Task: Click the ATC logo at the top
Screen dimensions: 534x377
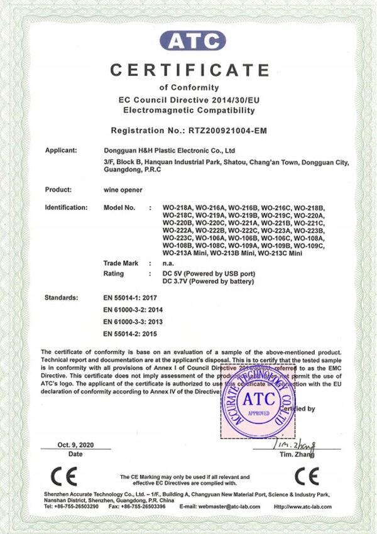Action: pyautogui.click(x=192, y=41)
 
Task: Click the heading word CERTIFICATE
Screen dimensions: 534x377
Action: pyautogui.click(x=190, y=68)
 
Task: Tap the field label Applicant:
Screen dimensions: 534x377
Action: pyautogui.click(x=61, y=150)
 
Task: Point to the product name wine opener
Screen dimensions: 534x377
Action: pyautogui.click(x=121, y=189)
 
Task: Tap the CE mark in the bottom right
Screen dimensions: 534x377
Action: pyautogui.click(x=306, y=476)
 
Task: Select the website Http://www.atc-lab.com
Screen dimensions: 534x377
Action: pyautogui.click(x=302, y=506)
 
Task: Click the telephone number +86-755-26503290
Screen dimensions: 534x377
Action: pyautogui.click(x=77, y=506)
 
